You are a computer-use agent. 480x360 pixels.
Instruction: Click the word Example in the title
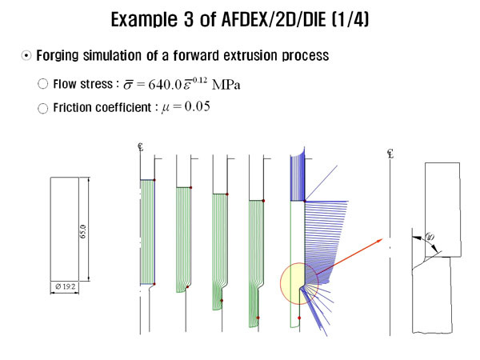[144, 19]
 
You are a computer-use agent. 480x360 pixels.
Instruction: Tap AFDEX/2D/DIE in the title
[274, 19]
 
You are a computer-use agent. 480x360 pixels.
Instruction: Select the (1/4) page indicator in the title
[350, 19]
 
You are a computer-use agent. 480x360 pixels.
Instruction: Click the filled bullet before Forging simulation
[26, 56]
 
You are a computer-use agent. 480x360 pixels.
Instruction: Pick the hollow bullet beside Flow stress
[43, 84]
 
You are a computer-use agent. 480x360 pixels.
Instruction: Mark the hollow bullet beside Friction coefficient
[43, 108]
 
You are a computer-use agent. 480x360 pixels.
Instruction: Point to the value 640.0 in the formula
[166, 85]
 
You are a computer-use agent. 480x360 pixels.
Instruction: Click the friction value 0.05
[198, 106]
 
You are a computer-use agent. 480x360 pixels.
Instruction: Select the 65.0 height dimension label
[83, 232]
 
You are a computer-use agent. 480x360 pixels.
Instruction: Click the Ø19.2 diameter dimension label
[66, 286]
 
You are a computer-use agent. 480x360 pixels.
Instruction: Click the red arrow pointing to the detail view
[350, 257]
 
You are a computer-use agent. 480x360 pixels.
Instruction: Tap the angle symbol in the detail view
[430, 237]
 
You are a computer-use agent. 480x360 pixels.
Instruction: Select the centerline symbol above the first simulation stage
[141, 147]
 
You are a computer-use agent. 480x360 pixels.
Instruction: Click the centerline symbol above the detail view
[390, 154]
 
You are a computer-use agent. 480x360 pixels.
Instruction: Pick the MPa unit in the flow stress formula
[226, 85]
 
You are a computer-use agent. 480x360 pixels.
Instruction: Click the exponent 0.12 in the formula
[200, 80]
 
